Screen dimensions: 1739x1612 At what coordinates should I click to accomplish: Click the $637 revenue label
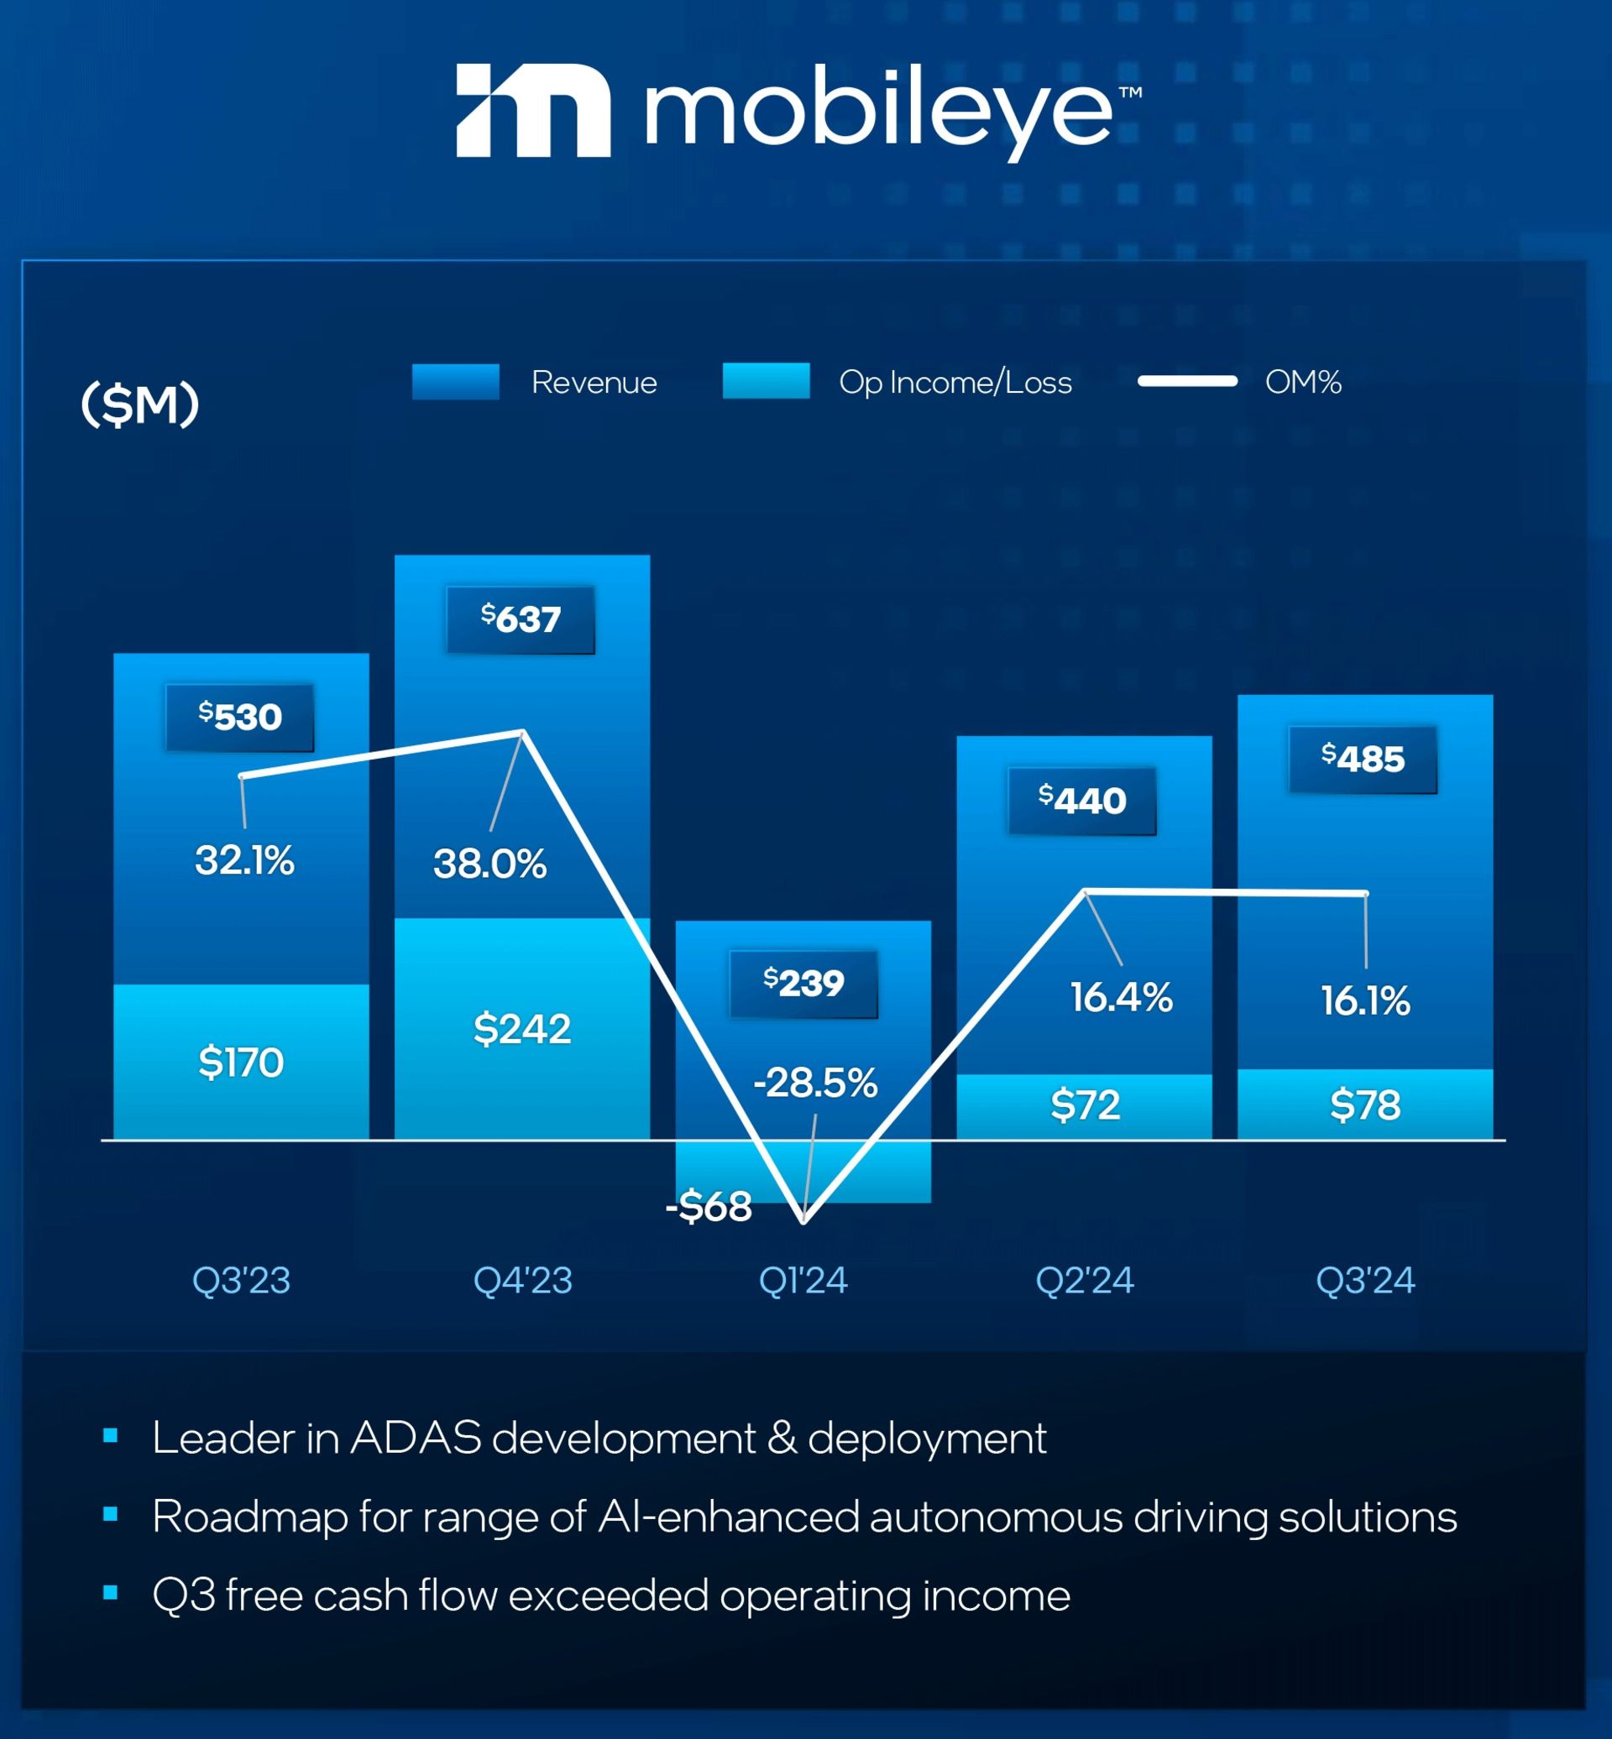click(521, 619)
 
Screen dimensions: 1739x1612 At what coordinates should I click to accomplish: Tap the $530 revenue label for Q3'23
click(240, 717)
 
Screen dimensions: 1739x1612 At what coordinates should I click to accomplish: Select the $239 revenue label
click(803, 984)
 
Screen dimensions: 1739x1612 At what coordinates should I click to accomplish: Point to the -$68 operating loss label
click(709, 1207)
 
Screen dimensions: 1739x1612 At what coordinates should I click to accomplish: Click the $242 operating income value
click(521, 1029)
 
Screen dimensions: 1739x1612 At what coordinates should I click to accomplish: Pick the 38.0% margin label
click(489, 864)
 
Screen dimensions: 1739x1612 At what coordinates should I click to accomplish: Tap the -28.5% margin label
click(814, 1084)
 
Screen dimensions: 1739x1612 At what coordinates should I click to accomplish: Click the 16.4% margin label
click(1121, 997)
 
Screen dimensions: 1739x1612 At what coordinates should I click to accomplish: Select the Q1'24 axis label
click(803, 1280)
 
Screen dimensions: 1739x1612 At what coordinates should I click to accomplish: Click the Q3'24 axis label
click(1364, 1280)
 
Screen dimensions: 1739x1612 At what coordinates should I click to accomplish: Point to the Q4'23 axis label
click(522, 1280)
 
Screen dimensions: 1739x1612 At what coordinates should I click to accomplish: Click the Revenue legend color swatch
click(455, 382)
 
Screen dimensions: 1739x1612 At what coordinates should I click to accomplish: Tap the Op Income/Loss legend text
click(955, 382)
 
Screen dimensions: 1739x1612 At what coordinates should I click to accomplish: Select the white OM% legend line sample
click(1187, 381)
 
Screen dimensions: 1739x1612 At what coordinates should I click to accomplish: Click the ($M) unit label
click(139, 405)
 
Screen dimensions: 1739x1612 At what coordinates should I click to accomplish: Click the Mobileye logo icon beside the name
click(533, 111)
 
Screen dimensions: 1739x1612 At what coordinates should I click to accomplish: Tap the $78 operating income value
click(1364, 1105)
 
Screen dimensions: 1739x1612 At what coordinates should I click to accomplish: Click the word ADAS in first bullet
click(416, 1437)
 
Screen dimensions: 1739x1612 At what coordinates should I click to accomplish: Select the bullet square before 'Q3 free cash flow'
click(110, 1592)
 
